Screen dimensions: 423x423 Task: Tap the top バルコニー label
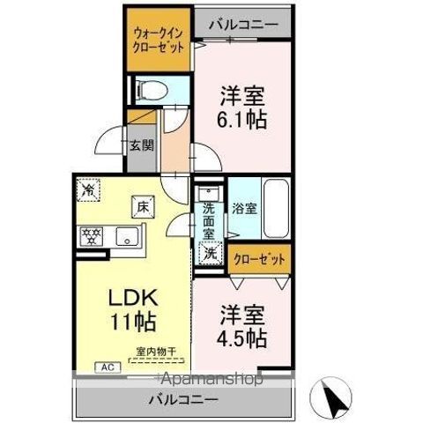pyautogui.click(x=243, y=24)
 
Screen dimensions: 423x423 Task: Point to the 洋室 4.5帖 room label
pyautogui.click(x=242, y=324)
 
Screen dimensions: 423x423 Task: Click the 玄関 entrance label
pyautogui.click(x=141, y=145)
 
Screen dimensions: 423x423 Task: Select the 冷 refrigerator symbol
pyautogui.click(x=88, y=189)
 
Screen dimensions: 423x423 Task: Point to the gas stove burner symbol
pyautogui.click(x=90, y=235)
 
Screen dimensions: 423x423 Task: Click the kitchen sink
pyautogui.click(x=127, y=236)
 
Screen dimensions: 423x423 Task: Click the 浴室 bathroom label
pyautogui.click(x=243, y=210)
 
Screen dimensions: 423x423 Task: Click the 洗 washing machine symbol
pyautogui.click(x=210, y=253)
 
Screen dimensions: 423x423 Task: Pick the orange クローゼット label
pyautogui.click(x=259, y=259)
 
